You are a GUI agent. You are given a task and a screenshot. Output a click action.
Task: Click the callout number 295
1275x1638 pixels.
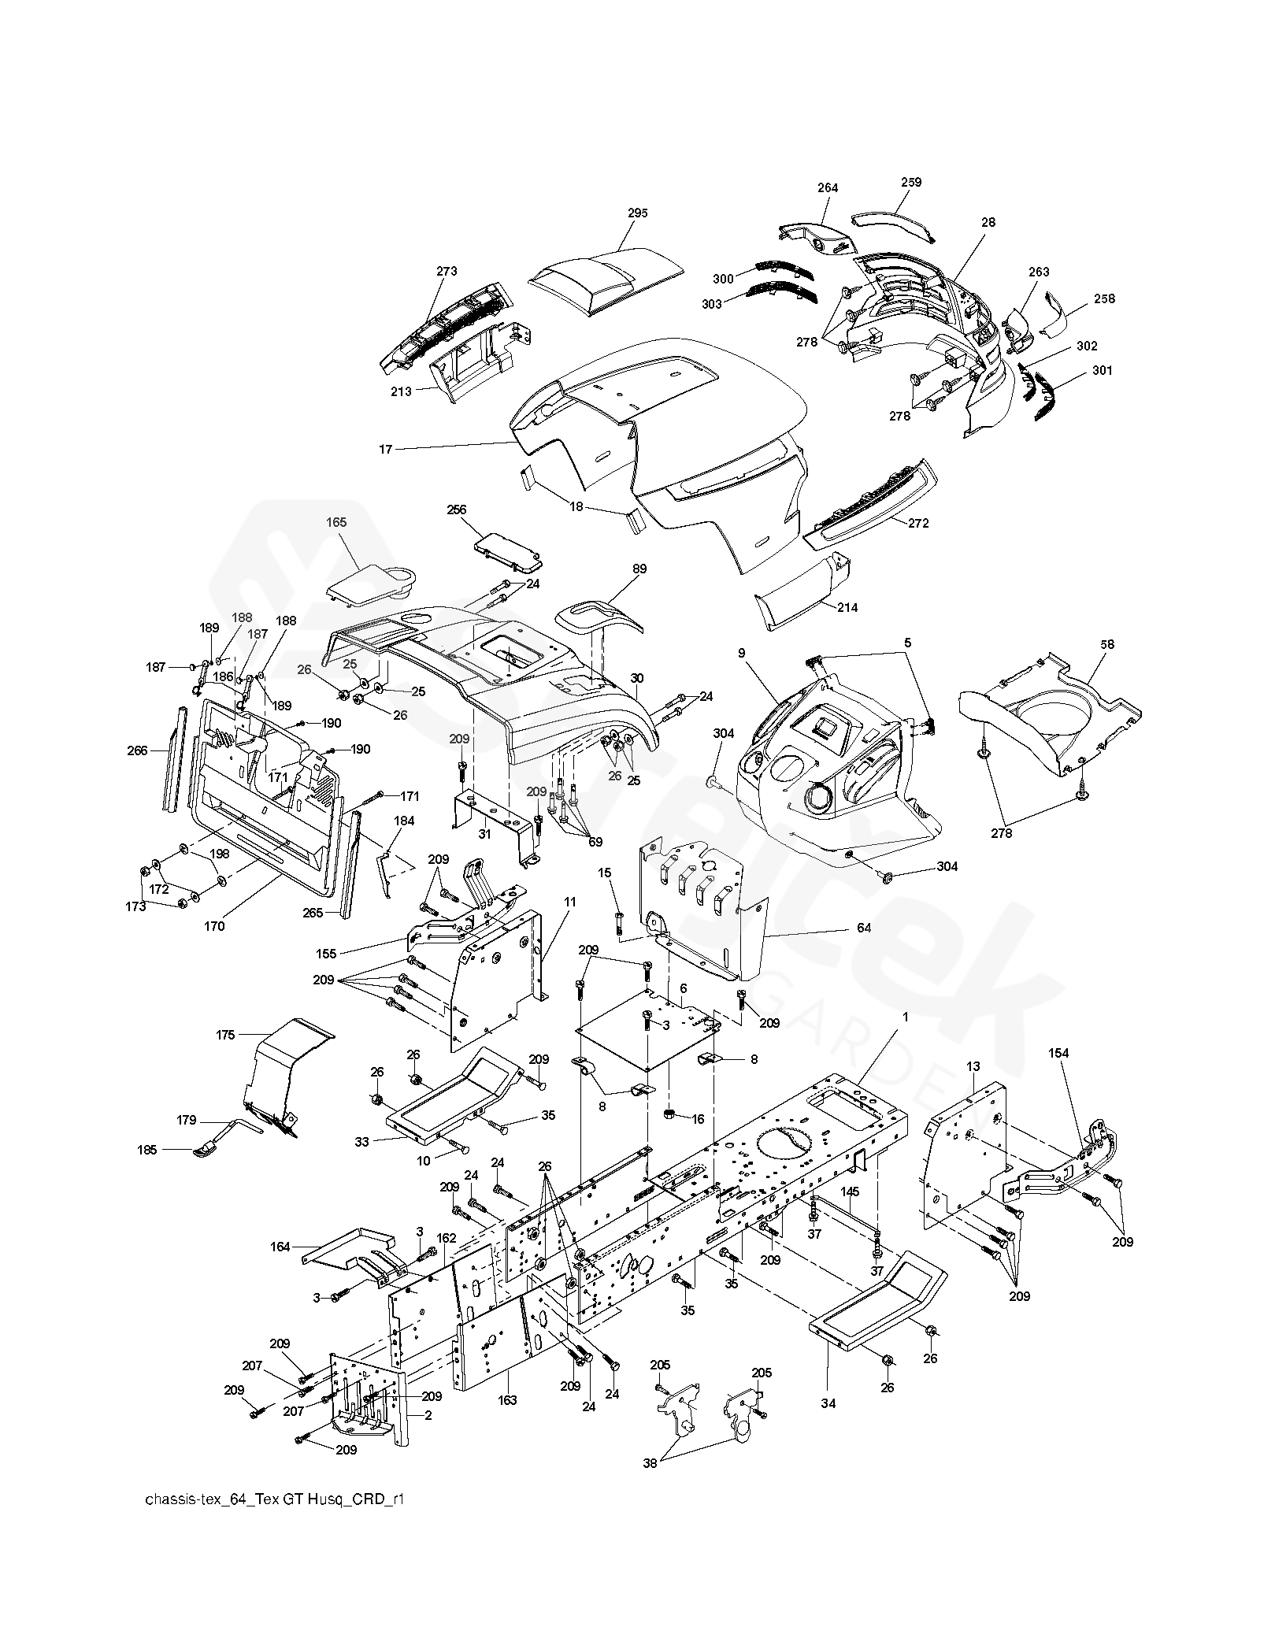click(x=637, y=213)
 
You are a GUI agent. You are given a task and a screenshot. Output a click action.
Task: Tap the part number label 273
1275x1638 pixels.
click(x=447, y=272)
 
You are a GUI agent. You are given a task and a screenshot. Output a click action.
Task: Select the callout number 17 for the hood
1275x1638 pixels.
click(x=385, y=450)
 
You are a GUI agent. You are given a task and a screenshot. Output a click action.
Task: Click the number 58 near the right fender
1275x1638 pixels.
click(x=1107, y=644)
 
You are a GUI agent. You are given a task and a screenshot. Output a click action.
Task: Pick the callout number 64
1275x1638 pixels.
click(x=864, y=928)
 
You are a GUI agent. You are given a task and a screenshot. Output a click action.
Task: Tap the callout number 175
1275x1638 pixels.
click(x=225, y=1035)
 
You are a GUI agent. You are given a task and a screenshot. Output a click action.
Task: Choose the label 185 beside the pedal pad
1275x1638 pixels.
click(x=147, y=1150)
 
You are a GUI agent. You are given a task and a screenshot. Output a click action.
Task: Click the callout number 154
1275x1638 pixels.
click(x=1059, y=1053)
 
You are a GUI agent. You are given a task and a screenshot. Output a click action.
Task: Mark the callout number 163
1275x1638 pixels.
click(x=507, y=1400)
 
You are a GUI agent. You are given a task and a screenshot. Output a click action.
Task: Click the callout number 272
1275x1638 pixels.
click(x=918, y=523)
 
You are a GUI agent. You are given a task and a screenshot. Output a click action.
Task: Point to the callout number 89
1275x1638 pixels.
click(x=639, y=568)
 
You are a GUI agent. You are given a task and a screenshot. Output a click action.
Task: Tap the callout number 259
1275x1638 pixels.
click(x=911, y=182)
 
